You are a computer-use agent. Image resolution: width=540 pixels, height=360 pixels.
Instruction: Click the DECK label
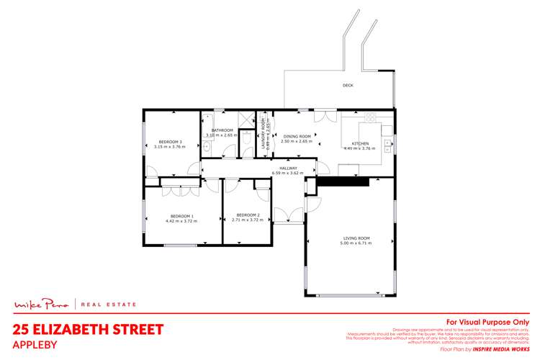[348, 85]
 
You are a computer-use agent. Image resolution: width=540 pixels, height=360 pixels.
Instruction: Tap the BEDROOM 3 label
[171, 142]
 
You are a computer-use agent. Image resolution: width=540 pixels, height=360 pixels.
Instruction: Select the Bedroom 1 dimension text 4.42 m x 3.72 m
[182, 220]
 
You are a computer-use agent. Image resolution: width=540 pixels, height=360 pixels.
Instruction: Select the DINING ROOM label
[297, 136]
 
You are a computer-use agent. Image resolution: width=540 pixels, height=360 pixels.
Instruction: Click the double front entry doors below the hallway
[288, 214]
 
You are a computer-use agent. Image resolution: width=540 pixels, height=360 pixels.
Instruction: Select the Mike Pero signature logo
[42, 305]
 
